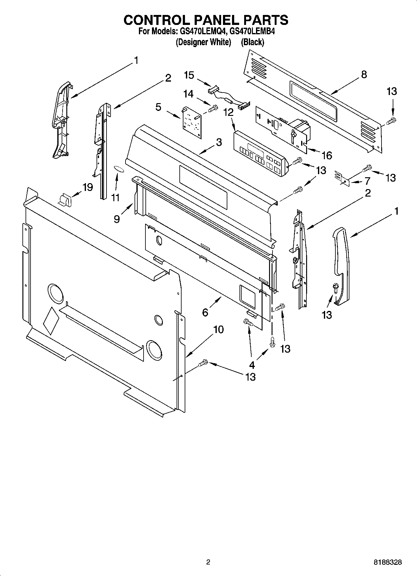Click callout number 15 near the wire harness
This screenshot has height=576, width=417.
189,75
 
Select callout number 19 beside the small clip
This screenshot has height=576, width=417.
88,187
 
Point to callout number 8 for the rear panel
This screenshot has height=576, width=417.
364,74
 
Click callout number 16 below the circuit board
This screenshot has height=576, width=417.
327,155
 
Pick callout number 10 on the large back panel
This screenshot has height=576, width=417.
218,329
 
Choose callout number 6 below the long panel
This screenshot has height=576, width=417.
205,312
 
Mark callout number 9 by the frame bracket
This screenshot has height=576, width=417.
117,219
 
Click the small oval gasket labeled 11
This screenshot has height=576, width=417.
119,169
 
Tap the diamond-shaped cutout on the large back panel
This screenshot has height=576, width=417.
51,321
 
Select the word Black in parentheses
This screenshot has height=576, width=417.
252,42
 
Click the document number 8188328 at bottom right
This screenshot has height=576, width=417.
387,562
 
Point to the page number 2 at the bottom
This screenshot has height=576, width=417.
208,562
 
